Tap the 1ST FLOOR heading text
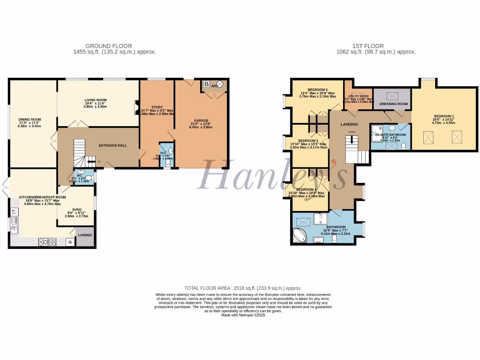tap(368, 46)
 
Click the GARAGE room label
tap(202, 120)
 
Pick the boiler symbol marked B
tap(207, 84)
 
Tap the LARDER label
tap(85, 235)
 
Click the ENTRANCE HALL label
tap(112, 146)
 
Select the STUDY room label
tap(157, 107)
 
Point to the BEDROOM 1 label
tap(444, 116)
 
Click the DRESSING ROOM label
tap(393, 104)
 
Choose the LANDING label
tap(350, 124)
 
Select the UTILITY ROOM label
tap(359, 96)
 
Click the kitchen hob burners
tap(47, 242)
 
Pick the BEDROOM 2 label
tap(317, 90)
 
